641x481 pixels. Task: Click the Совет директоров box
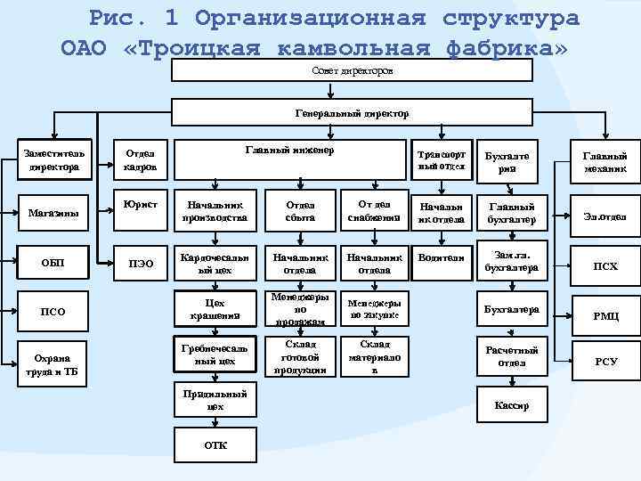[353, 70]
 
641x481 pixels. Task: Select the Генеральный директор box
[353, 112]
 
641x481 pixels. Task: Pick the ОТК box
[215, 444]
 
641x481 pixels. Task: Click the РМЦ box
[605, 314]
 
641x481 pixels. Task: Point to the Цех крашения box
[214, 309]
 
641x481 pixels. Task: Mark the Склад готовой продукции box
[295, 357]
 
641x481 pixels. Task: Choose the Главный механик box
[605, 161]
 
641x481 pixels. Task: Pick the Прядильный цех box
[215, 398]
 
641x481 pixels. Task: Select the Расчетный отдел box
[512, 355]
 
